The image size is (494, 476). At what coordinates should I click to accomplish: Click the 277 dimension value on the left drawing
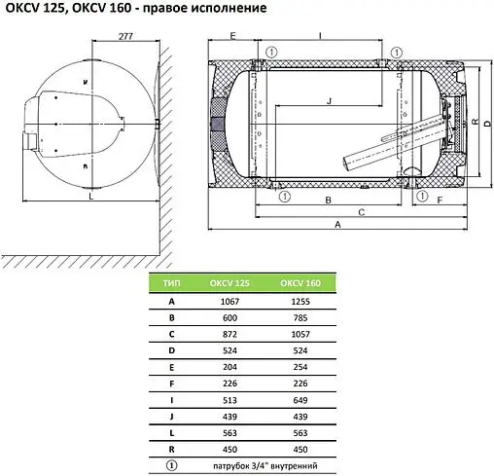(x=125, y=36)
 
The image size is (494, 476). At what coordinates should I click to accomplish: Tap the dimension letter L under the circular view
(x=91, y=197)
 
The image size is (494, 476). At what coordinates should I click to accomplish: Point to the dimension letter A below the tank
(x=337, y=224)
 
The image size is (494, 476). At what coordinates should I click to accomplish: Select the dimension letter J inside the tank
(x=330, y=101)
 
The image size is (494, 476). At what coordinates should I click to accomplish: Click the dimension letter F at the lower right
(x=440, y=201)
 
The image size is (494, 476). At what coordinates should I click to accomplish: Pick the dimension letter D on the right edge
(x=487, y=124)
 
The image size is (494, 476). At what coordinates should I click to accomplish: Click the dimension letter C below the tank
(x=362, y=212)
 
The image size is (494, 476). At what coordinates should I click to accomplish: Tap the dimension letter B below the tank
(x=328, y=200)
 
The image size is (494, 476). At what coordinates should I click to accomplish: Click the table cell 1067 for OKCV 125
(x=229, y=302)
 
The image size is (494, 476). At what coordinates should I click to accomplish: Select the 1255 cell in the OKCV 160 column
(x=300, y=302)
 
